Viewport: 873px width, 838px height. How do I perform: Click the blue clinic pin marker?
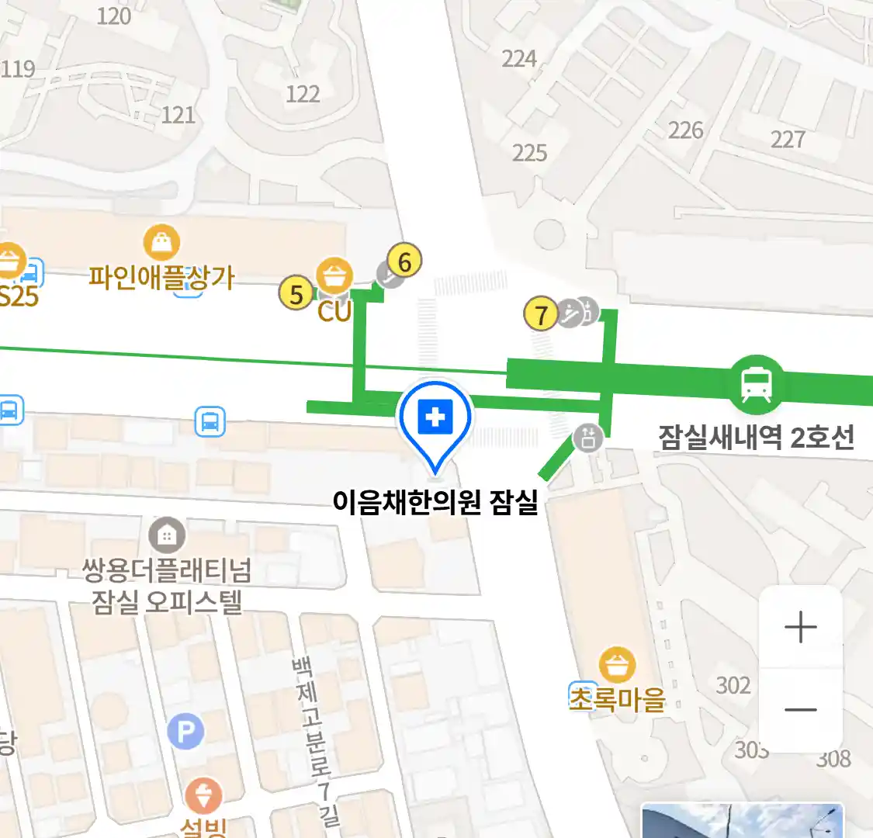pos(435,420)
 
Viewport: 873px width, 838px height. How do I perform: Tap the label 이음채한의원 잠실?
pos(435,502)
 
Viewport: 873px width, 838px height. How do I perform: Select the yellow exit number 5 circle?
pos(296,294)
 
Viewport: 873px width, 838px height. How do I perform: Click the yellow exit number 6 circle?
pos(404,261)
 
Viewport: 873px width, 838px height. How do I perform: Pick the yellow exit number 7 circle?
pos(542,314)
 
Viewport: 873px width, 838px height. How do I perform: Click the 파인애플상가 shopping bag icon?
pos(161,244)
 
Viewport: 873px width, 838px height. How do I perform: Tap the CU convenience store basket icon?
pos(334,277)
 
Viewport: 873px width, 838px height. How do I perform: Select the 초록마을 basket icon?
pos(618,666)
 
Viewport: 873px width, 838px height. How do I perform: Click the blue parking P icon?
pos(185,731)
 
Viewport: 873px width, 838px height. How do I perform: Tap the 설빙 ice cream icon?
pos(203,797)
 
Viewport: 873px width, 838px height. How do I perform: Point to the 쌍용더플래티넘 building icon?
pos(166,535)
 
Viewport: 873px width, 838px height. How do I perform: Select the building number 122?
pos(303,94)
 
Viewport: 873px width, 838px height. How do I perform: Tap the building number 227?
pos(788,139)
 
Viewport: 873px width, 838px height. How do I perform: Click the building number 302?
pos(733,685)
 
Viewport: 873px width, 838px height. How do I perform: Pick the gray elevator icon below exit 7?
pos(587,438)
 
